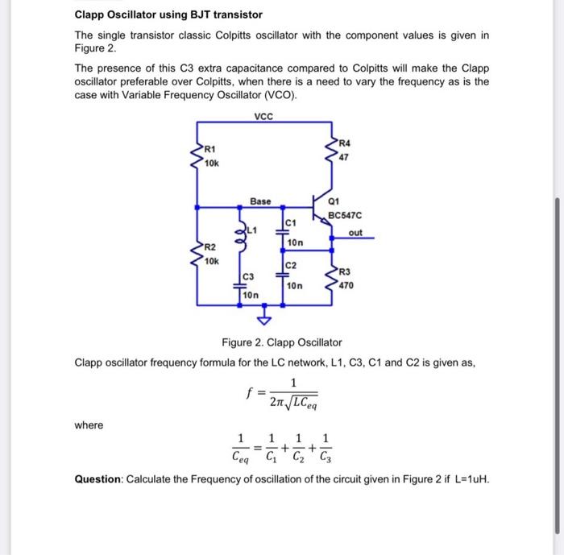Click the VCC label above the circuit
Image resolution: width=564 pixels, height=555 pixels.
coord(263,115)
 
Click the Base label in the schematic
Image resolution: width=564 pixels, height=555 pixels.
coord(260,200)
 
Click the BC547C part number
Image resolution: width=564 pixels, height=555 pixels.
coord(346,216)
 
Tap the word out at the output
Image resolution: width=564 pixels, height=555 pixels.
coord(355,233)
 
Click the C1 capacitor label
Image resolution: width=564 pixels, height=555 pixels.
coord(292,222)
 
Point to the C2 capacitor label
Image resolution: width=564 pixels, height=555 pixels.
coord(292,265)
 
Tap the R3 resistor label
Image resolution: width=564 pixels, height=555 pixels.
coord(345,272)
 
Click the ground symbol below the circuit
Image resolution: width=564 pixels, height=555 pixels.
coord(282,321)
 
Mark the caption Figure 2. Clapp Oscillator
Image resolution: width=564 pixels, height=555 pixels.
coord(282,342)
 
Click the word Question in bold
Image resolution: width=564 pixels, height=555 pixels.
coord(99,479)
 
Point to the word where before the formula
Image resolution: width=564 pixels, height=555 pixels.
coord(89,425)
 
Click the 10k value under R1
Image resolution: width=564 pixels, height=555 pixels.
coord(211,164)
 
